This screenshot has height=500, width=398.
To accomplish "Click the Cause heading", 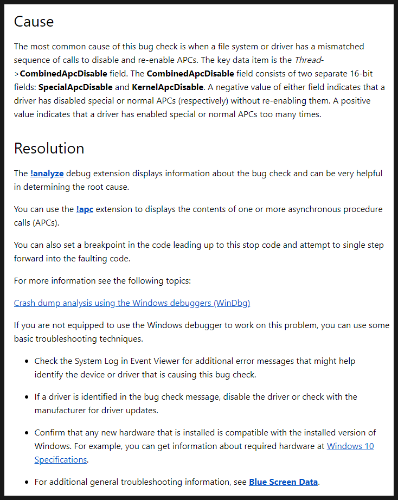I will [x=34, y=22].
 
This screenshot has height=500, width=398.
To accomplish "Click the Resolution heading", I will [x=49, y=149].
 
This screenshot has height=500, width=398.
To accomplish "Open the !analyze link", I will [x=47, y=174].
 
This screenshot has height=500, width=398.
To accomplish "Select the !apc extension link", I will [x=85, y=209].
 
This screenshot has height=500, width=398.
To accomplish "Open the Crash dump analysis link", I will [x=132, y=303].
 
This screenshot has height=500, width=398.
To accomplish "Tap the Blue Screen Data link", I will [x=283, y=482].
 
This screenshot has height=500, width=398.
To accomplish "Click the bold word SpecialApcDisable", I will [x=75, y=87].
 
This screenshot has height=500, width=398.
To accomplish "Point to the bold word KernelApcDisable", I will [x=168, y=87].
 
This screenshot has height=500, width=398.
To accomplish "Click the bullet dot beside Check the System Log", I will [x=26, y=361].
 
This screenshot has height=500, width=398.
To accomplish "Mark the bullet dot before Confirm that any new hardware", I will [x=26, y=433].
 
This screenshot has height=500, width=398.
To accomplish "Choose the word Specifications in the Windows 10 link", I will [x=60, y=460].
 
